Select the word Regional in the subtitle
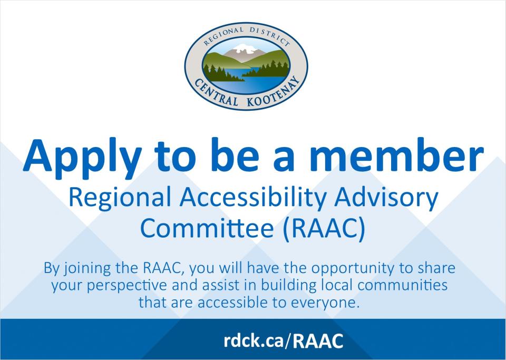[120, 199]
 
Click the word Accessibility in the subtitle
[252, 199]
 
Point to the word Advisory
[386, 199]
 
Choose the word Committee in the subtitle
[207, 228]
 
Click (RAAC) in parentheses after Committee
[324, 229]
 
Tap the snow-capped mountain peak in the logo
[246, 49]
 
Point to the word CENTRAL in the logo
[215, 93]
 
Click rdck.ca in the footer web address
[254, 340]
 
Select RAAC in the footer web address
[318, 341]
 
